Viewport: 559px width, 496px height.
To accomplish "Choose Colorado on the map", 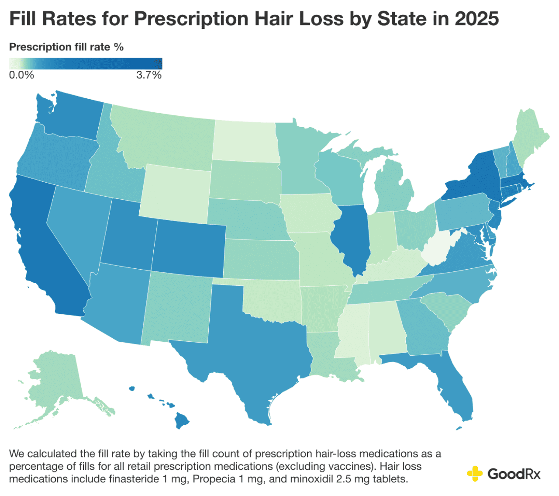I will pos(190,249).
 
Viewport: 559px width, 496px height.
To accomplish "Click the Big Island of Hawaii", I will pos(181,420).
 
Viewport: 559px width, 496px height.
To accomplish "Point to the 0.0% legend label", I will pos(21,75).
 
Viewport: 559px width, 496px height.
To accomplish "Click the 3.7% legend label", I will pos(149,75).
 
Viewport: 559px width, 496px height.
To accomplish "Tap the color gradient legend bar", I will pos(86,63).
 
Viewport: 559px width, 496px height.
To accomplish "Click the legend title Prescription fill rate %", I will pos(66,47).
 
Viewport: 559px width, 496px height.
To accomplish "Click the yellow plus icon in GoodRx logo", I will pos(475,473).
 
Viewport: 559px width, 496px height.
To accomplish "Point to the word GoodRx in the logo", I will pos(514,474).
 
